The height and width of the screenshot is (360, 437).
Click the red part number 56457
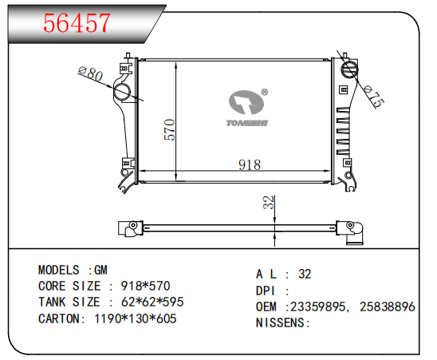pyautogui.click(x=77, y=23)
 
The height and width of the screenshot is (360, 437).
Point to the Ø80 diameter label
pyautogui.click(x=91, y=73)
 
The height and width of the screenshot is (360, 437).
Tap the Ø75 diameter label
pyautogui.click(x=374, y=97)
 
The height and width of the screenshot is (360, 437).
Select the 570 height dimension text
pyautogui.click(x=169, y=129)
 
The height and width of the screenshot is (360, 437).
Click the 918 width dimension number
pyautogui.click(x=250, y=164)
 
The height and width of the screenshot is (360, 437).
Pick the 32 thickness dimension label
pyautogui.click(x=269, y=202)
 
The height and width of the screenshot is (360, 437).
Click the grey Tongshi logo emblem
pyautogui.click(x=246, y=102)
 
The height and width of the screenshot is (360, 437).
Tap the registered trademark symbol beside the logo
pyautogui.click(x=265, y=92)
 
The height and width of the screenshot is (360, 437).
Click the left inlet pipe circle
pyautogui.click(x=122, y=92)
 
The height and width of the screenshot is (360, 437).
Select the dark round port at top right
pyautogui.click(x=349, y=69)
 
